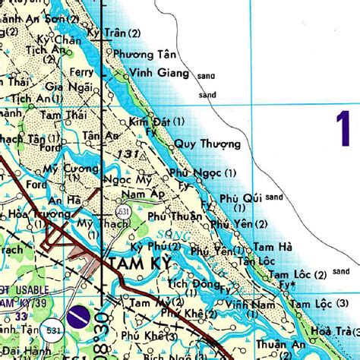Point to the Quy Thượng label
click(x=207, y=144)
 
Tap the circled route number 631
click(x=122, y=210)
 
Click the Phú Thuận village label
click(x=175, y=216)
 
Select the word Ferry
click(x=81, y=72)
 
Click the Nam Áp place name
click(x=147, y=194)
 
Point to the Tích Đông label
click(x=188, y=283)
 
